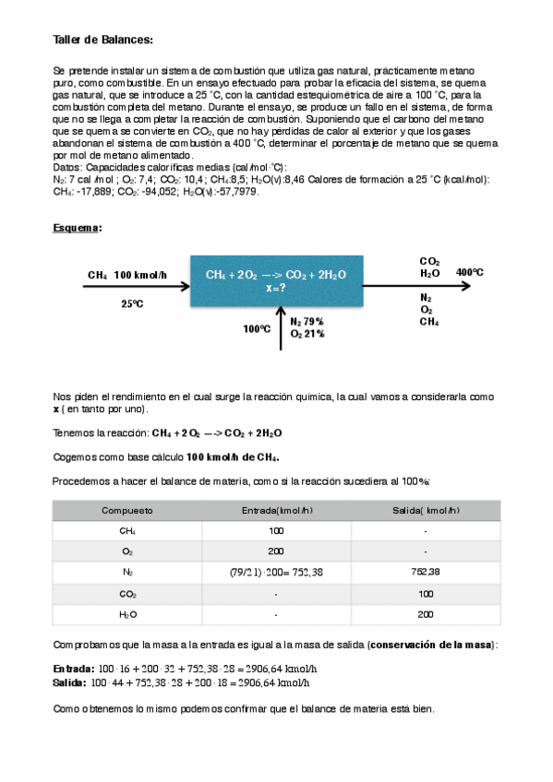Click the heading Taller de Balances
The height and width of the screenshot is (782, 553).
[x=102, y=40]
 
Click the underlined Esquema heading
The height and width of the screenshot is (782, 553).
[x=78, y=227]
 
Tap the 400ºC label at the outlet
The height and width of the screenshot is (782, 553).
[x=469, y=272]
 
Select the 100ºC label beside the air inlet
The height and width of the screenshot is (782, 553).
[x=256, y=328]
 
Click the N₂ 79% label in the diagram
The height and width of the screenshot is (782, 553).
[x=307, y=321]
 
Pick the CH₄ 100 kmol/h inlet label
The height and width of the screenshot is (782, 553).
[x=127, y=275]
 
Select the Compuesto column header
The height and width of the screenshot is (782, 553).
[x=127, y=510]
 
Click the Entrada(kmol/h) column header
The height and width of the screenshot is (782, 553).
[x=276, y=510]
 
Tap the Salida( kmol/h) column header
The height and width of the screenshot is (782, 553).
[x=425, y=510]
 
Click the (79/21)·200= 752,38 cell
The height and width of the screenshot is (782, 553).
[x=276, y=573]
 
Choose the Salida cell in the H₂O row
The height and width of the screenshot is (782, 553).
[x=425, y=614]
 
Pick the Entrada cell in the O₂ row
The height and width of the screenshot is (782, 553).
[x=276, y=551]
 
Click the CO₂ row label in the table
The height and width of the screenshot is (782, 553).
[x=127, y=594]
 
